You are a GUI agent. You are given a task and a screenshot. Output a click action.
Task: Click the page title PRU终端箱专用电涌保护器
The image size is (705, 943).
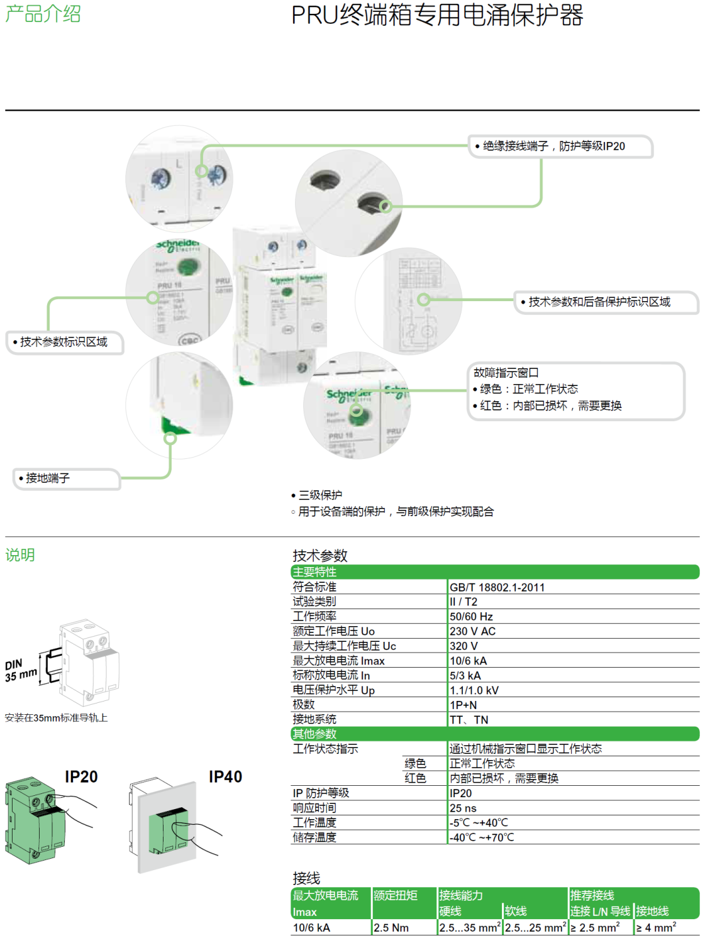[x=436, y=15]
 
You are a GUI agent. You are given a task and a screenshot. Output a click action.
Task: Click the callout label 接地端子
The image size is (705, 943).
[x=48, y=478]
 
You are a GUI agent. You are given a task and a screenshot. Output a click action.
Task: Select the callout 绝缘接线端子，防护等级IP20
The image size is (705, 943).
[x=553, y=146]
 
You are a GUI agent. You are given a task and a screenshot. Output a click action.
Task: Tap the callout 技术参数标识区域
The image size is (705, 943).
[x=64, y=342]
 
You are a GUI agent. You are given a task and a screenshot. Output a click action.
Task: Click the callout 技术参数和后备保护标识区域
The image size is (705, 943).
[x=599, y=302]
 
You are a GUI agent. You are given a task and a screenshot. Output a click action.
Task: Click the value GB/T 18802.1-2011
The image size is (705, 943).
[x=497, y=587]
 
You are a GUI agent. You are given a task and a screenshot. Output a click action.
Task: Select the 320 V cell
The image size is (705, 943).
[x=464, y=646]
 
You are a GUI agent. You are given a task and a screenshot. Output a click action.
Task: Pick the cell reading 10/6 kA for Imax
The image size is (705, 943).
[x=468, y=661]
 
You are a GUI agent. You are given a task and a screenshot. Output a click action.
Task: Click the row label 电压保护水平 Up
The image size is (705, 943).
[x=333, y=690]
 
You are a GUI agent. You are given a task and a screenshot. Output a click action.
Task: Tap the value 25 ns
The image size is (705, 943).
[x=463, y=808]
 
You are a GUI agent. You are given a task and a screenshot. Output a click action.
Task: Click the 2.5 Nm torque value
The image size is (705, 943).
[x=391, y=928]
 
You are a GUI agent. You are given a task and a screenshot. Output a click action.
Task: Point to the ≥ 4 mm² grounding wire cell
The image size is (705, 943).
[x=656, y=928]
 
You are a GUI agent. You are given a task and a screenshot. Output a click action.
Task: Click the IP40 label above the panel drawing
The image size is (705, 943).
[x=225, y=777]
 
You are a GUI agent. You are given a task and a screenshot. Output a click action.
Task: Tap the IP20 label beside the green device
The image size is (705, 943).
[x=81, y=777]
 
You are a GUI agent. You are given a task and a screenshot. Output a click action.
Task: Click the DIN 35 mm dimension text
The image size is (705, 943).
[x=21, y=671]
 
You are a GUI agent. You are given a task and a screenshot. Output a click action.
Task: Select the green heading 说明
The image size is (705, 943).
[x=20, y=555]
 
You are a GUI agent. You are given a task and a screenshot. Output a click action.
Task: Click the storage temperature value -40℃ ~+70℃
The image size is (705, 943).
[x=482, y=837]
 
